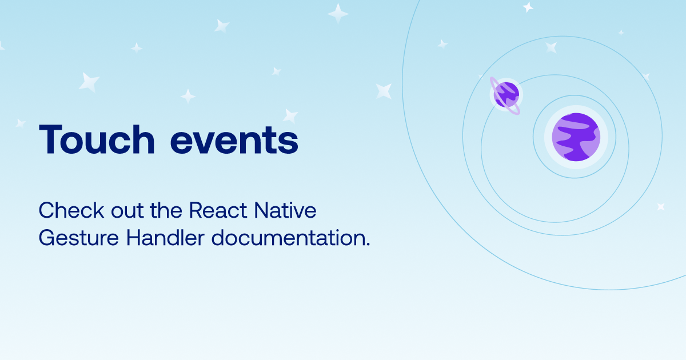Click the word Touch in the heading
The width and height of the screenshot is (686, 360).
pyautogui.click(x=97, y=139)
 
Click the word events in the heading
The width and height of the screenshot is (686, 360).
pyautogui.click(x=234, y=141)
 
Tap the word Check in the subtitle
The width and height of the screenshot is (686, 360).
pyautogui.click(x=71, y=210)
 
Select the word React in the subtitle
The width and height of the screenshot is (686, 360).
pyautogui.click(x=218, y=210)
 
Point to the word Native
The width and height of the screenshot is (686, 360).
pyautogui.click(x=285, y=210)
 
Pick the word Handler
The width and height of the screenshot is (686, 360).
pyautogui.click(x=165, y=238)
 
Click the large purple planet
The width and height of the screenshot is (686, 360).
pyautogui.click(x=576, y=137)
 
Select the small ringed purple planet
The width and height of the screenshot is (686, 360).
pyautogui.click(x=505, y=95)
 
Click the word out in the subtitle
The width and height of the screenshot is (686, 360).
pyautogui.click(x=127, y=211)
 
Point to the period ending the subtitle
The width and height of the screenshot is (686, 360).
pyautogui.click(x=368, y=244)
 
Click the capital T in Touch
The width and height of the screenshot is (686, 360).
pyautogui.click(x=50, y=139)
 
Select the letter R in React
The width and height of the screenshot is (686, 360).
pyautogui.click(x=197, y=210)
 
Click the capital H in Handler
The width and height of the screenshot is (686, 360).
pyautogui.click(x=134, y=238)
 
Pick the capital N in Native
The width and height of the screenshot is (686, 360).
pyautogui.click(x=262, y=210)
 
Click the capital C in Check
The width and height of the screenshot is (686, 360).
pyautogui.click(x=47, y=210)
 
